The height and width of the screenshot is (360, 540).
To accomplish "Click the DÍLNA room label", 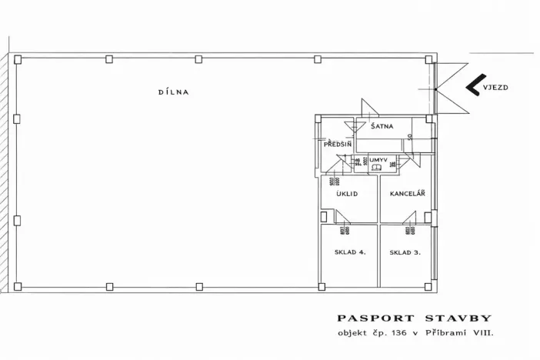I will point(173,92).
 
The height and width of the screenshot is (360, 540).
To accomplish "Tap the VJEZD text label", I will point(496,88).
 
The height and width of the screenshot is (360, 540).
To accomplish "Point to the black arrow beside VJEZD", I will point(472,86).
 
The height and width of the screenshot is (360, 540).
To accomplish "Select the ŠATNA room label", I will point(382,126).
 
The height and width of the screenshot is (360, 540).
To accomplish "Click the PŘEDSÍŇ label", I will point(338,144).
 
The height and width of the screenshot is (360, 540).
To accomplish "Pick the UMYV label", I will point(377,159).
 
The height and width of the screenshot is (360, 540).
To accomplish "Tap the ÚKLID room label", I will point(348,193).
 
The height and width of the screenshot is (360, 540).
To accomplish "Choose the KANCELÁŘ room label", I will point(407,193).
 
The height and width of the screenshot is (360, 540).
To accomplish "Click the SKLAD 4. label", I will point(349,252).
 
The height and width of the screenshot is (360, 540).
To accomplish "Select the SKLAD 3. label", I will point(405,252).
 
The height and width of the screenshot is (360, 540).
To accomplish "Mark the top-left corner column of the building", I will point(17,58).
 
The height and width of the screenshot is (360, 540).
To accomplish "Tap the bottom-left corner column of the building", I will point(17,287).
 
